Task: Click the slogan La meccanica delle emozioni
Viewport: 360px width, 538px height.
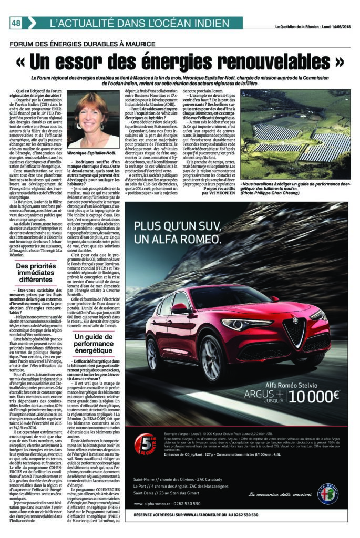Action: [x=273, y=494]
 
